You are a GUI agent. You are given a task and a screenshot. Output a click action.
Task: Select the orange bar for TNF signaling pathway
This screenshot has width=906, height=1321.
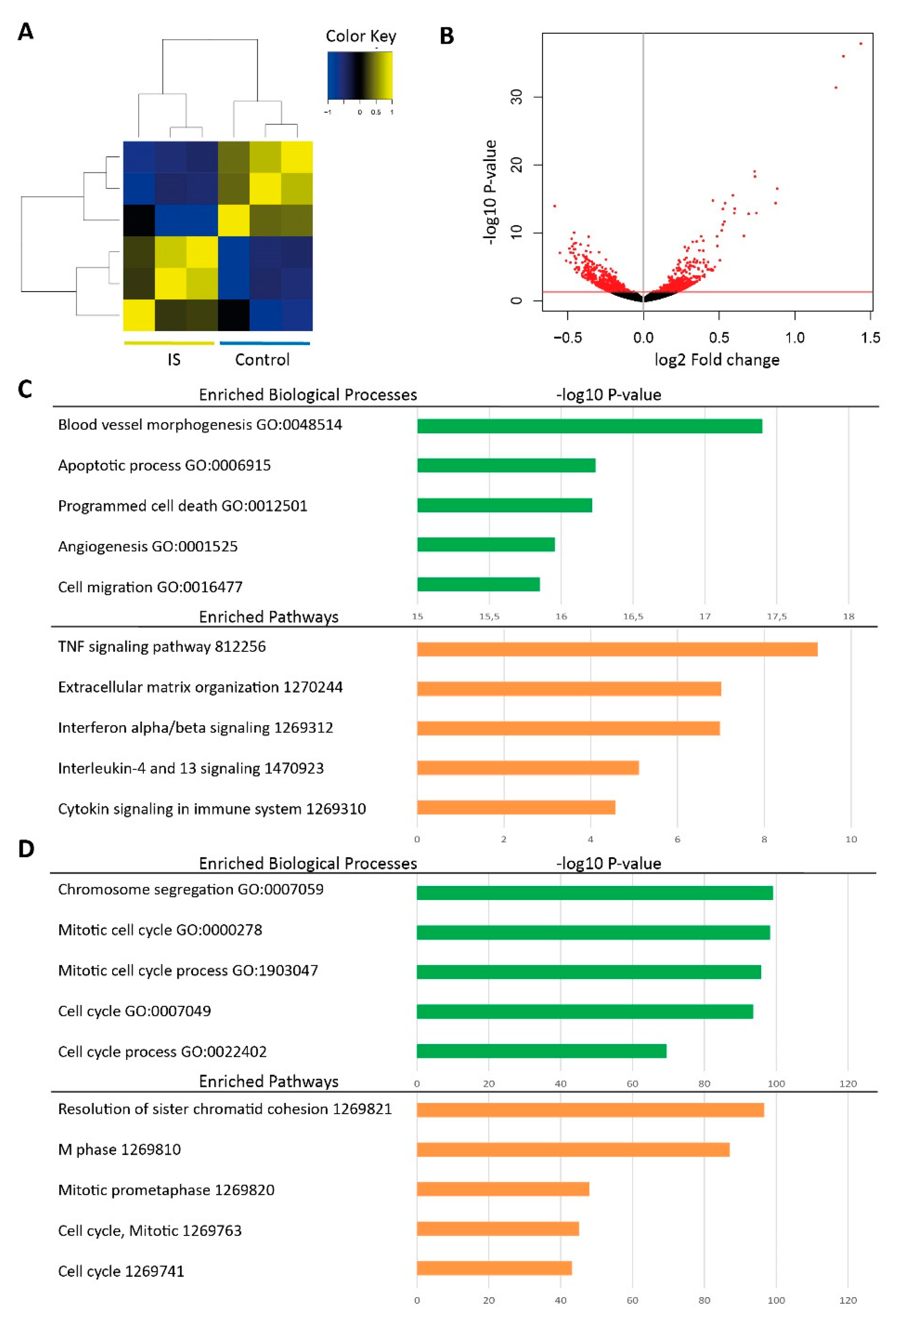(617, 649)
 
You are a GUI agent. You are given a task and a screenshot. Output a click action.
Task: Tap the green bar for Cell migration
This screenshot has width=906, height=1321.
(478, 584)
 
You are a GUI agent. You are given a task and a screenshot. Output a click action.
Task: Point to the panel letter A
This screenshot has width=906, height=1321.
(26, 32)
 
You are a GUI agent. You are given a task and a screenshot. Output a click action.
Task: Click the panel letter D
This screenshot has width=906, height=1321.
(26, 849)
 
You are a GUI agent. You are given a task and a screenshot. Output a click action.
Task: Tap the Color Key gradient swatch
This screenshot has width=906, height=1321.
(359, 76)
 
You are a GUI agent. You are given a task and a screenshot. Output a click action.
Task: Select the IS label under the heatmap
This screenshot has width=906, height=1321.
(174, 360)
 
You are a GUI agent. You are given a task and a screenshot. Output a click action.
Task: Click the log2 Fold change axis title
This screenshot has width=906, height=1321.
(717, 360)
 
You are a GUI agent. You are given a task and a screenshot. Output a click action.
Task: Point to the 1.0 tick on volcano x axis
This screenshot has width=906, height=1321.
(794, 338)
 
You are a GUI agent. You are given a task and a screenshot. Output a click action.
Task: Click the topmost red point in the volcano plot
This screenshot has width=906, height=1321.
(861, 44)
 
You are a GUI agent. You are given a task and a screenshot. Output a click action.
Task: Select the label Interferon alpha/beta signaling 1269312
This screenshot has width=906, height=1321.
(195, 728)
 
